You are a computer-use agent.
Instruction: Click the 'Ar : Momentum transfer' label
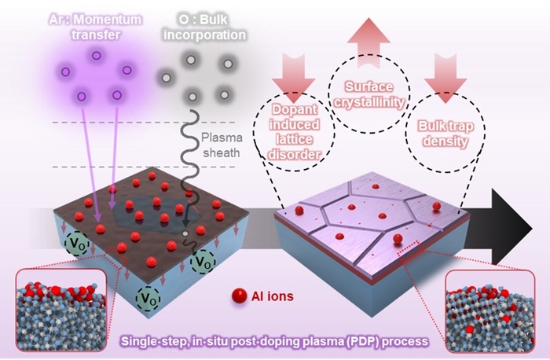click(95, 27)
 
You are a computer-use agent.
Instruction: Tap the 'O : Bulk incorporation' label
click(204, 27)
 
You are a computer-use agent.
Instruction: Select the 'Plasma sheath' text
click(222, 145)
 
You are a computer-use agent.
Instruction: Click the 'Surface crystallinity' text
click(369, 94)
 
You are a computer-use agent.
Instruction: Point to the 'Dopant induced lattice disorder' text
click(294, 132)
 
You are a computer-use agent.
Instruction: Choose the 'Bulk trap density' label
click(445, 134)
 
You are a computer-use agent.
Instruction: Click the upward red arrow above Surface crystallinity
click(368, 42)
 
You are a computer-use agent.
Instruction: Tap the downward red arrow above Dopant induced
click(294, 78)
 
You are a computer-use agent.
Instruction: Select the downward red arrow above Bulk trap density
click(445, 79)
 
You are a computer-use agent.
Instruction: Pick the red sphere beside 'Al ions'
click(240, 296)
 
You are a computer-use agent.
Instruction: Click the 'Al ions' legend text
click(272, 296)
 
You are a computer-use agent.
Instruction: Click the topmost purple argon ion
click(96, 56)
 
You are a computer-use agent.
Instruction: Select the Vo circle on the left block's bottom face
click(148, 298)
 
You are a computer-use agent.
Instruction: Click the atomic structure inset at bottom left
click(61, 310)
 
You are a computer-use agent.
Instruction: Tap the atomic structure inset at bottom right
click(490, 311)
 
